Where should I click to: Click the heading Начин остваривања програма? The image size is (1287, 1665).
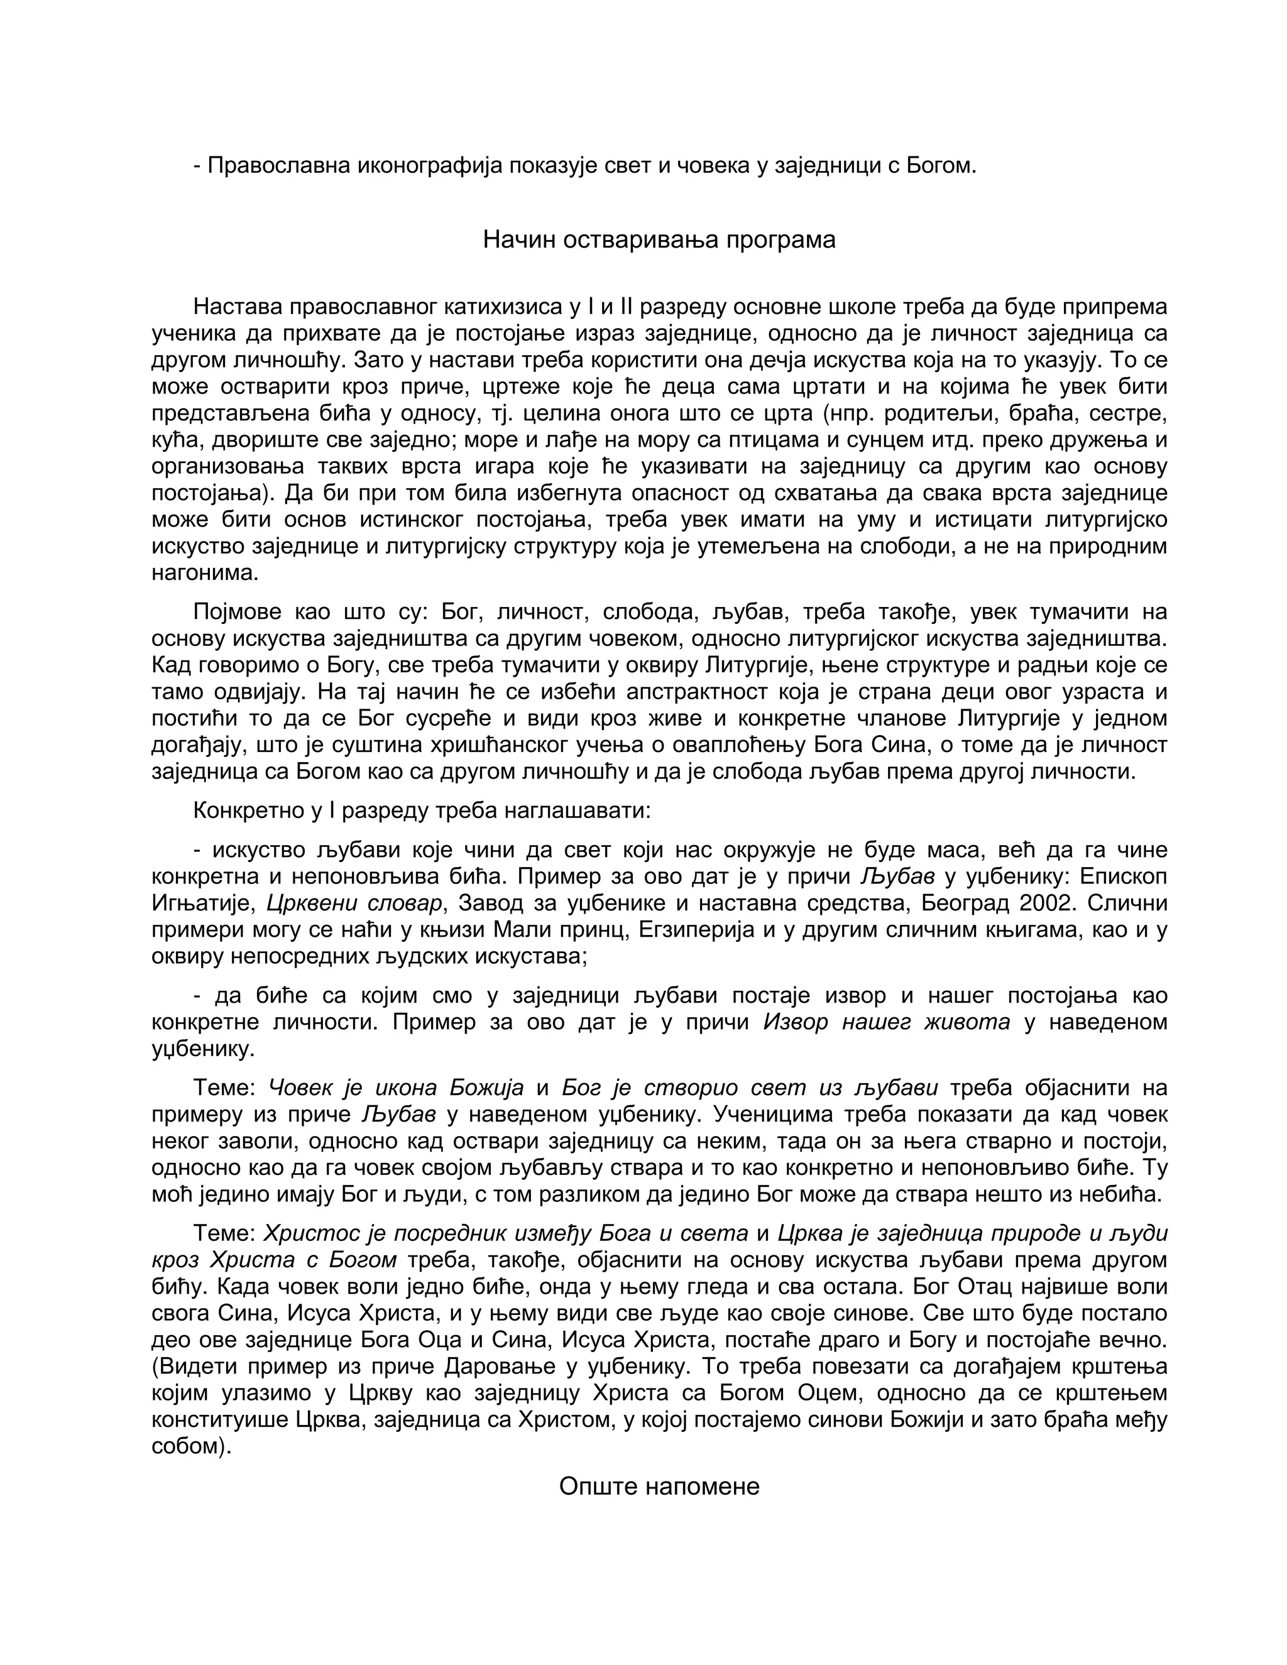coord(659,239)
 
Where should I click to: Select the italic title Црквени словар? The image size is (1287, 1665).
coord(354,904)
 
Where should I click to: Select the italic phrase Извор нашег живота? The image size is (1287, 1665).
coord(886,1022)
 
